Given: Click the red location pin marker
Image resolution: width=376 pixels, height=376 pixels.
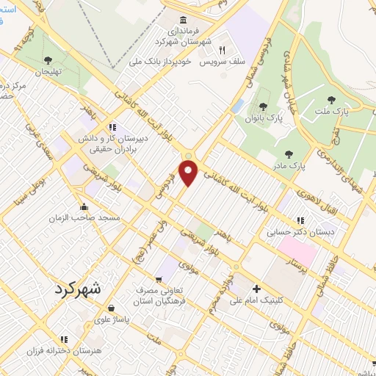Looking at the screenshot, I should [x=189, y=173].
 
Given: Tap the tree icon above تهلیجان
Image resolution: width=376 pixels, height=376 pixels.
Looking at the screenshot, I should [x=48, y=60].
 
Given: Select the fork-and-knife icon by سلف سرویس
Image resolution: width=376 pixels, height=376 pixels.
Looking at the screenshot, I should [x=222, y=50].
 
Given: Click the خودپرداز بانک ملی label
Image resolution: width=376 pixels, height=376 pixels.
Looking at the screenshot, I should [x=161, y=62].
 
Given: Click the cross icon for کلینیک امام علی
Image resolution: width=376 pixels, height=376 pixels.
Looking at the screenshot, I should [x=256, y=289].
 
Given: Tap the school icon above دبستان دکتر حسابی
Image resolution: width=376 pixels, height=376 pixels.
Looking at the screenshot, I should [x=300, y=220].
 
